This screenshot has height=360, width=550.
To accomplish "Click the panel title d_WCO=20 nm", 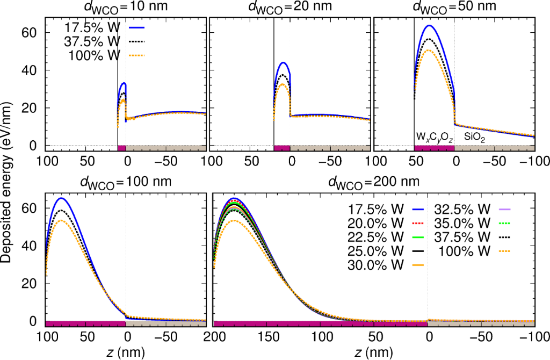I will [290, 8].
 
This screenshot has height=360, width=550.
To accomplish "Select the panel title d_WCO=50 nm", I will [454, 8].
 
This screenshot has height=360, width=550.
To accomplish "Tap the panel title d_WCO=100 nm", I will [127, 181].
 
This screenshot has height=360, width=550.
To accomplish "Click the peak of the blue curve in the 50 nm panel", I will [429, 25].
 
